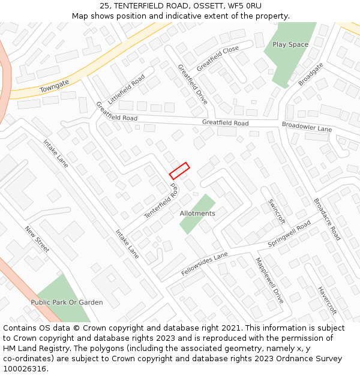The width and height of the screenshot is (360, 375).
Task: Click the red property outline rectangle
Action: click(179, 171)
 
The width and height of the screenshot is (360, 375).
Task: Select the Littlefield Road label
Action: click(127, 89)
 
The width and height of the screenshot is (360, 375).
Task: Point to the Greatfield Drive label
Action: click(193, 85)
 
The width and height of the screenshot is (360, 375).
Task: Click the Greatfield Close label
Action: click(217, 58)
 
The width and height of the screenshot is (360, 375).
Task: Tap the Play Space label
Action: click(290, 44)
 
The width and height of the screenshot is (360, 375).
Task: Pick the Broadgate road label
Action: click(311, 74)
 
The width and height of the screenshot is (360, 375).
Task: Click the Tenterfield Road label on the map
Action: click(162, 202)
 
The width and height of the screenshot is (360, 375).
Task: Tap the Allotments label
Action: click(197, 214)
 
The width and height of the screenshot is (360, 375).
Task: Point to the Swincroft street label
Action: click(277, 211)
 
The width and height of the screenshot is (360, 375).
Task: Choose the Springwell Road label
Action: click(289, 234)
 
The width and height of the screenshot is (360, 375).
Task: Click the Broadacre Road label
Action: click(327, 219)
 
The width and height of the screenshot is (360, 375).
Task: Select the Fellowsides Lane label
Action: click(205, 265)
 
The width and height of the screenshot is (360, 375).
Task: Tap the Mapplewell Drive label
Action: click(269, 280)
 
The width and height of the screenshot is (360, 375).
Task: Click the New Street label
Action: click(37, 239)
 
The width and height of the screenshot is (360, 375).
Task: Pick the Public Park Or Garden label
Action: click(67, 302)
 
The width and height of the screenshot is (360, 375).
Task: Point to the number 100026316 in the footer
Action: click(25, 368)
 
